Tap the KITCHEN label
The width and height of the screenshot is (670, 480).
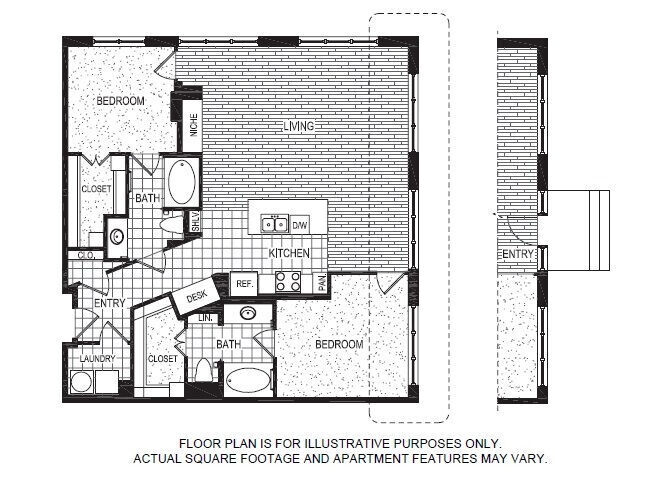289,254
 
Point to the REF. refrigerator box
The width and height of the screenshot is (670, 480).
243,284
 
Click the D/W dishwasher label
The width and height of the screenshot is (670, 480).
300,225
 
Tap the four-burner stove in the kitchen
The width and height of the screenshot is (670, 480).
288,281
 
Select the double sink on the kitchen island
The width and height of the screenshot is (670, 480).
274,224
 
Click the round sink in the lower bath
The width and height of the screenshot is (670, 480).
247,313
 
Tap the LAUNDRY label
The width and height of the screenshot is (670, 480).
98,359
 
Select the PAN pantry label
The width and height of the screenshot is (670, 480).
320,284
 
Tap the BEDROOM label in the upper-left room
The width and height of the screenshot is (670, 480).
120,101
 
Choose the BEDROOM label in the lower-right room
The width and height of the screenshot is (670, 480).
339,343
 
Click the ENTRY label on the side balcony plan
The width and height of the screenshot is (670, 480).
517,256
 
